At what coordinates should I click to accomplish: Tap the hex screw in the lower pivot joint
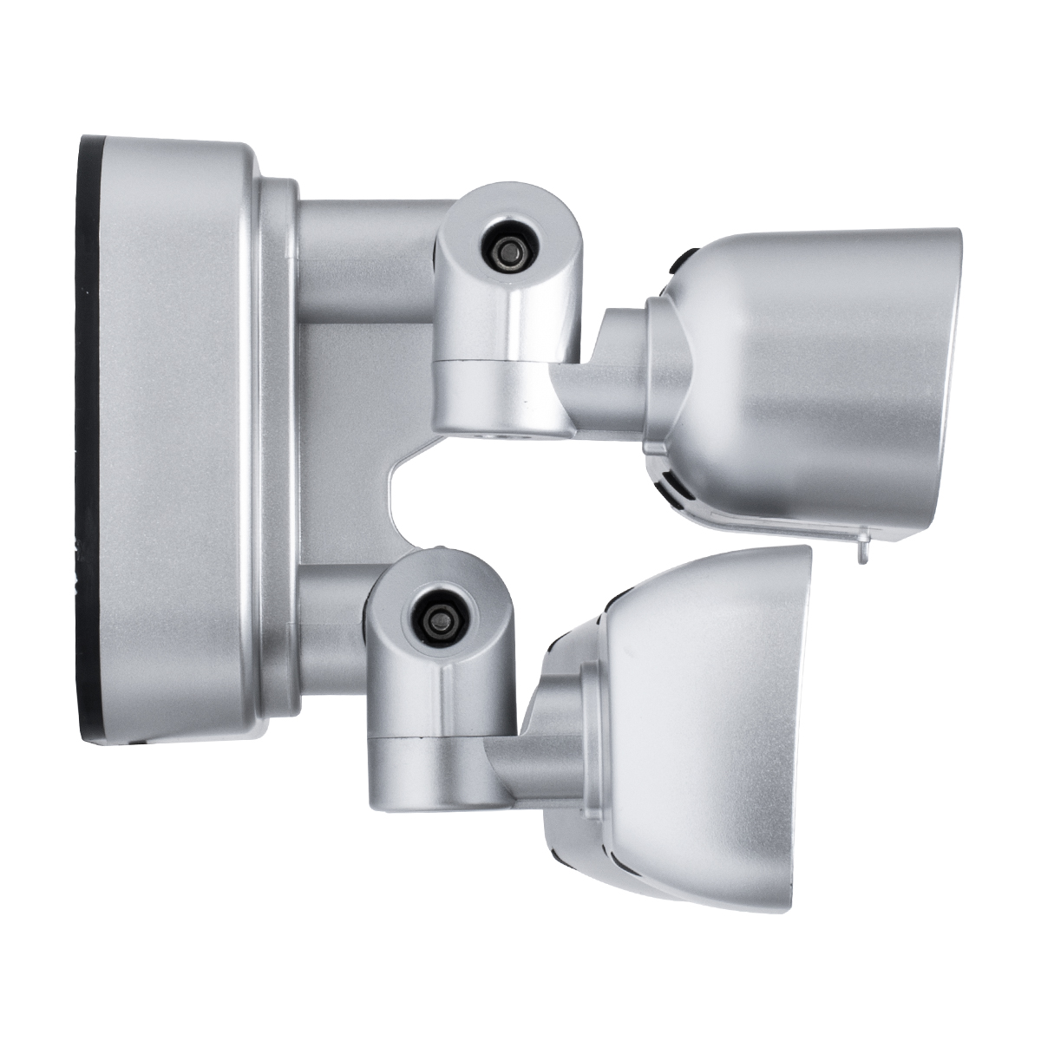pos(438,617)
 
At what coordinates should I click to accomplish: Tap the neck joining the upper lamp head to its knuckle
pos(607,382)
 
